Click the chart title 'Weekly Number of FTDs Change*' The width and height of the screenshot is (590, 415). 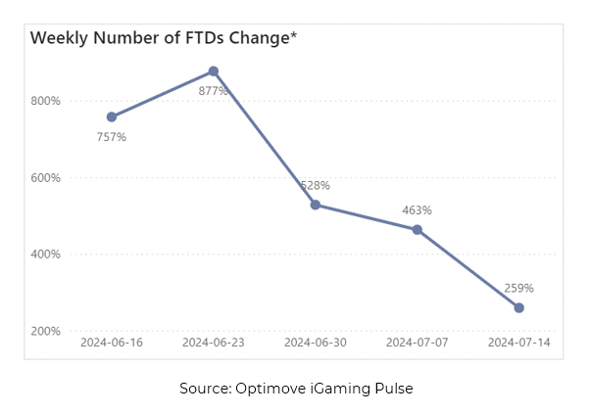tap(163, 38)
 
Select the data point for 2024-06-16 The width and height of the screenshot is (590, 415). tap(112, 116)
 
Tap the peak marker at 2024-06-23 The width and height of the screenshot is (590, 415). tap(214, 71)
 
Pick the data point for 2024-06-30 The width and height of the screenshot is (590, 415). tap(316, 205)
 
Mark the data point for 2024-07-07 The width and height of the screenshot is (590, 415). tap(418, 230)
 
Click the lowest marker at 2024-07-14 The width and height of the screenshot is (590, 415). tap(518, 307)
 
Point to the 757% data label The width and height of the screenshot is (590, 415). tap(112, 137)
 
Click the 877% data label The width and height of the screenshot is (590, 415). tap(214, 91)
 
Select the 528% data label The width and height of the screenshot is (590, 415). tap(316, 185)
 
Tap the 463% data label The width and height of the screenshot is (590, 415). tap(418, 210)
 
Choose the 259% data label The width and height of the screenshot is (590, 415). tap(518, 288)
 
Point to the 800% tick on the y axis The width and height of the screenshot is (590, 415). tap(46, 101)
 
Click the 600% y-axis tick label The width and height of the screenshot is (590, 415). tap(46, 178)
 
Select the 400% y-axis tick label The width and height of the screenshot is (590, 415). tap(46, 254)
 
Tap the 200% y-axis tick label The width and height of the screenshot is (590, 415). tap(46, 332)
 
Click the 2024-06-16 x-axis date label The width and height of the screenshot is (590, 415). tap(112, 343)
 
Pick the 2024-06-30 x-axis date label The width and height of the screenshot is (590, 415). tap(316, 343)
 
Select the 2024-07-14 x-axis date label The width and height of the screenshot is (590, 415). tap(518, 343)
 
